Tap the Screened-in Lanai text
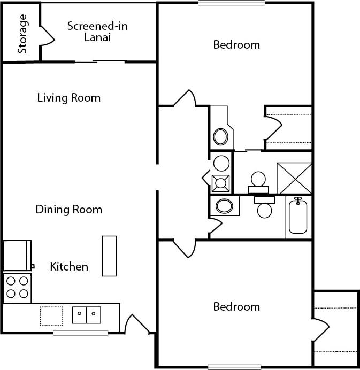pyautogui.click(x=97, y=32)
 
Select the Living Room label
pyautogui.click(x=68, y=98)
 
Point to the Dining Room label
pyautogui.click(x=68, y=210)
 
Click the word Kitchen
pyautogui.click(x=69, y=266)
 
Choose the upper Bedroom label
pyautogui.click(x=236, y=44)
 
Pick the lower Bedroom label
pyautogui.click(x=236, y=307)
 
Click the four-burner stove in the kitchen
pyautogui.click(x=17, y=287)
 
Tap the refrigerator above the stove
pyautogui.click(x=17, y=255)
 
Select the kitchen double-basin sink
pyautogui.click(x=87, y=315)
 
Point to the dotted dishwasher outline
pyautogui.click(x=51, y=315)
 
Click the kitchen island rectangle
pyautogui.click(x=109, y=256)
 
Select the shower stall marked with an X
pyautogui.click(x=294, y=178)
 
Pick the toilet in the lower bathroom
pyautogui.click(x=264, y=207)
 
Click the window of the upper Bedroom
pyautogui.click(x=231, y=3)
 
